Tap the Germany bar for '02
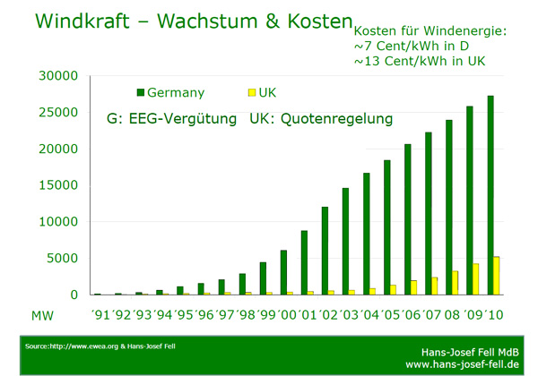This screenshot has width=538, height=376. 325,251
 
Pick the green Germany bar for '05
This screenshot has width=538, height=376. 386,227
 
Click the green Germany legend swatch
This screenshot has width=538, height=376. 140,92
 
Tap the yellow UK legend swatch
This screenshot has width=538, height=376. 251,92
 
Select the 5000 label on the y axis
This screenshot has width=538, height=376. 65,259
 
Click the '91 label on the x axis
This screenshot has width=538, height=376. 101,315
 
